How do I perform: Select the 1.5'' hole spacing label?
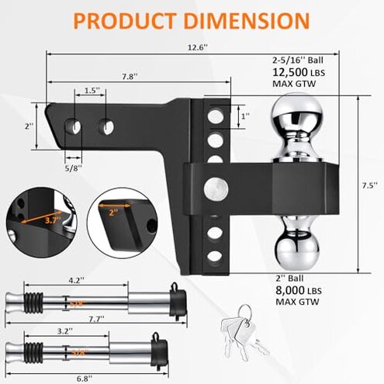pyautogui.click(x=92, y=91)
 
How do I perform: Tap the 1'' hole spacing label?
pyautogui.click(x=246, y=116)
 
